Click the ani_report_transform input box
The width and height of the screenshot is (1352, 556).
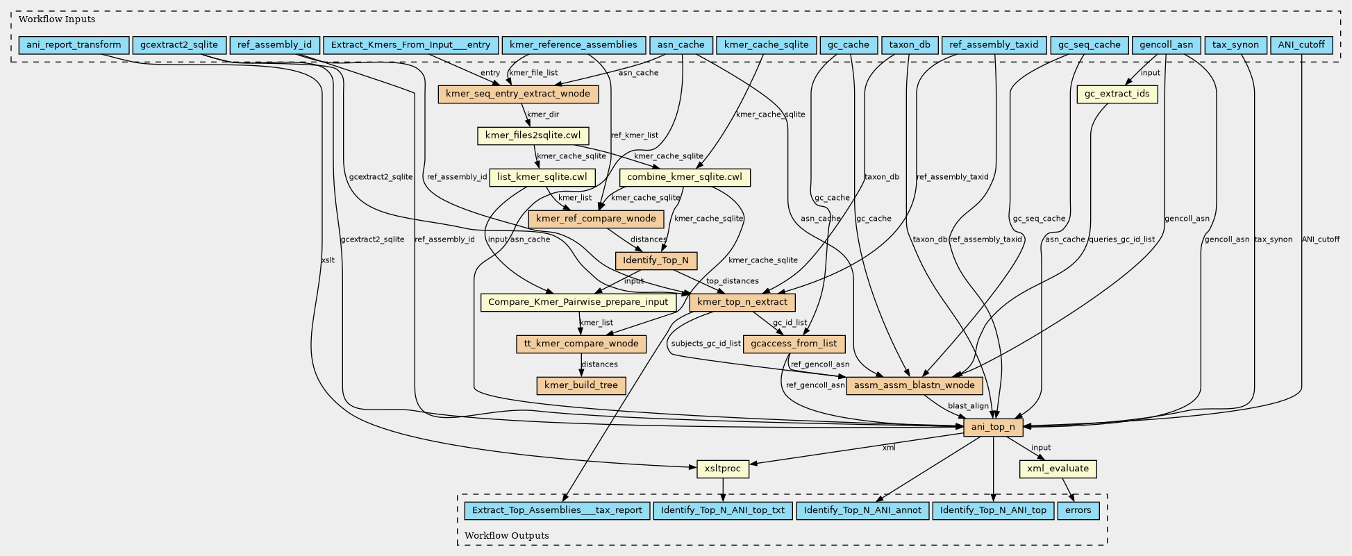pos(74,45)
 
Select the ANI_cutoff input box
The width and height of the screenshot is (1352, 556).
pos(1301,45)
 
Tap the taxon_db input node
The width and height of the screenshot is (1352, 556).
pos(909,45)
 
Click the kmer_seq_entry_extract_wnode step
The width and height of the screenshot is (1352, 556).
pos(517,94)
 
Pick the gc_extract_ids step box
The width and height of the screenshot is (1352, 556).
pos(1117,94)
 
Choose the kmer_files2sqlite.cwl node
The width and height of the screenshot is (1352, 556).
pos(533,135)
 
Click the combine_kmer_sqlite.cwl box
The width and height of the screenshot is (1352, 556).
pos(685,177)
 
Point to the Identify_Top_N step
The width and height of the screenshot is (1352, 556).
pos(656,261)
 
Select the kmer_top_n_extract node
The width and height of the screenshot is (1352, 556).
pos(742,302)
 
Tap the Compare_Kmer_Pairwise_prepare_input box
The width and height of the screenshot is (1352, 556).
pos(578,302)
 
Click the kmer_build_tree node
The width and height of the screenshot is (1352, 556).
pos(581,385)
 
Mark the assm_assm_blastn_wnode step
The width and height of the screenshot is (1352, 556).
pos(915,385)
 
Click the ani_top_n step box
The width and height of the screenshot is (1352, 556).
pos(993,427)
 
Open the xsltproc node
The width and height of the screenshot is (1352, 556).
pos(722,469)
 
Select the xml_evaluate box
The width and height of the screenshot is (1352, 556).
pos(1058,469)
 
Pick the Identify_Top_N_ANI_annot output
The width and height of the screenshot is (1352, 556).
pos(862,510)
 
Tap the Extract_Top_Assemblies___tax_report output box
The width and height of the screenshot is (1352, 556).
pos(557,510)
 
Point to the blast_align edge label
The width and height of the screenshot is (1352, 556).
pos(968,406)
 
